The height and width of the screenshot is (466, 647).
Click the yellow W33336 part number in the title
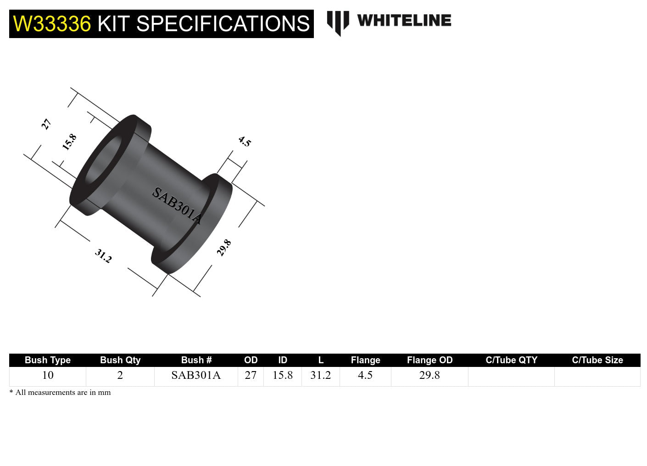(52, 24)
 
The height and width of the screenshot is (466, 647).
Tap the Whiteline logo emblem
(338, 22)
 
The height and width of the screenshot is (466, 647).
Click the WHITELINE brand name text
(404, 21)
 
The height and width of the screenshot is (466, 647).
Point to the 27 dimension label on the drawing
(46, 124)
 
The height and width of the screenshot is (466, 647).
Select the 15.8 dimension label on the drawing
(69, 142)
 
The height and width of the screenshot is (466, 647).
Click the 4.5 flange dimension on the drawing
(245, 142)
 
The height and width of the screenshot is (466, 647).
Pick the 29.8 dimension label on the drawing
(224, 248)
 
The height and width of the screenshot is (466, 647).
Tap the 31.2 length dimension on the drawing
(103, 256)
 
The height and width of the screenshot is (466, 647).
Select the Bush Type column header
(48, 360)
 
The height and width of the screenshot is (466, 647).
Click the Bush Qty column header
(120, 360)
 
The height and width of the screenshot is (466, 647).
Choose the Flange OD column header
(429, 360)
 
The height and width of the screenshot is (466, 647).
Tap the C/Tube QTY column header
(511, 360)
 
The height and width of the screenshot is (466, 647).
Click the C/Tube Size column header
(597, 360)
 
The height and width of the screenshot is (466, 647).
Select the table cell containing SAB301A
(196, 375)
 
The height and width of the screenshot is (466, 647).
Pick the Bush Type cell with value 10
(48, 375)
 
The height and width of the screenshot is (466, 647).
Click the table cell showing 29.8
(429, 375)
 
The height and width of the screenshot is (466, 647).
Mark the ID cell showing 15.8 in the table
(283, 375)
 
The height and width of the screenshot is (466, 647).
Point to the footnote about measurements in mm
(60, 393)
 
